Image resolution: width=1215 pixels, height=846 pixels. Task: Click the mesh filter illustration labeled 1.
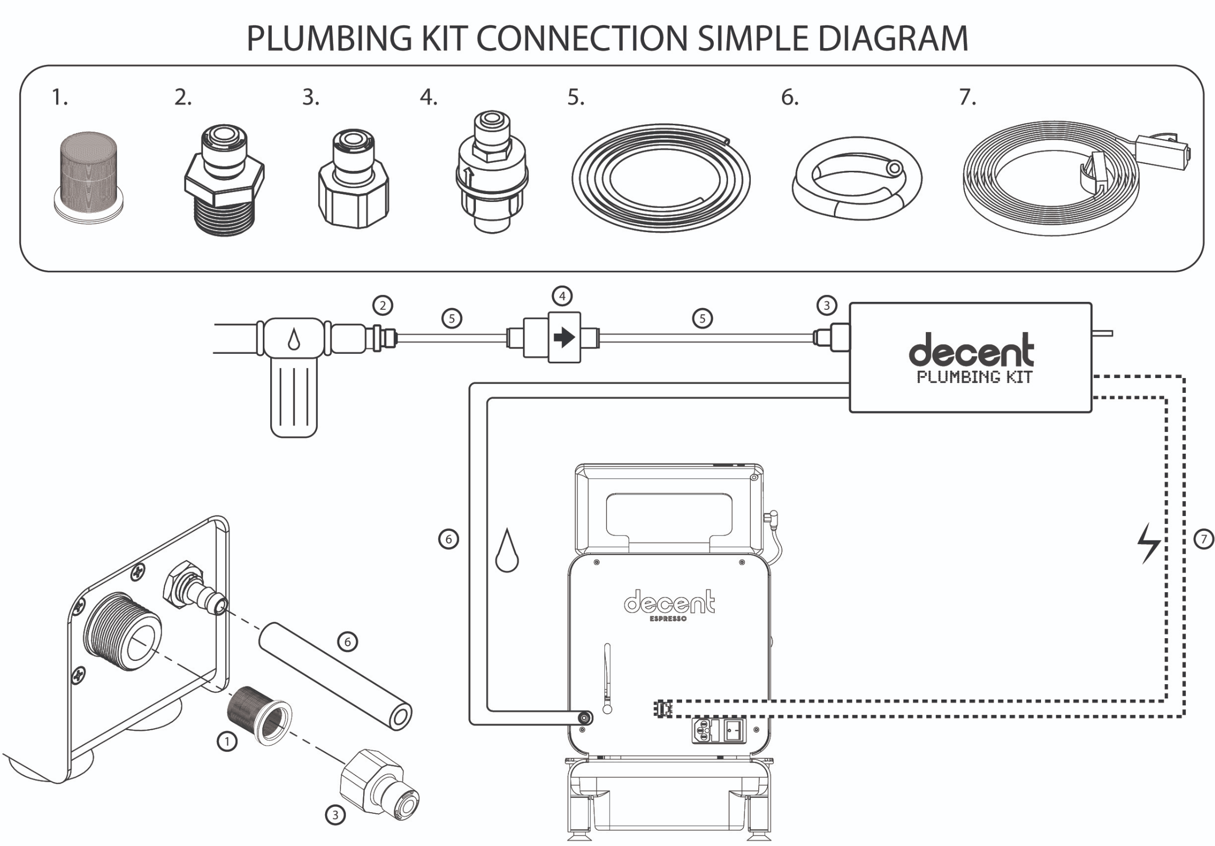(x=88, y=175)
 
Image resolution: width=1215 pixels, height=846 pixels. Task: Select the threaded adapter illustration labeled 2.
(x=224, y=180)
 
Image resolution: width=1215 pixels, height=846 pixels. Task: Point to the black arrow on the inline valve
(x=564, y=337)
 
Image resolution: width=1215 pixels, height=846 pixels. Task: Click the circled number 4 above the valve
(x=562, y=296)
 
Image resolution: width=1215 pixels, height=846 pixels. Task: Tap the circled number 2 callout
(x=383, y=305)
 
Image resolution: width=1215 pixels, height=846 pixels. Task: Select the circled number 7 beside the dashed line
(x=1204, y=539)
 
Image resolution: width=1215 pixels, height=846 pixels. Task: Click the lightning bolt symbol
(x=1149, y=543)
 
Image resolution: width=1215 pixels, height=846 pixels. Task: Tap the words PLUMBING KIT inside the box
(x=974, y=376)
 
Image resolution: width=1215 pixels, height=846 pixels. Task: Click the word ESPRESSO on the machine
(x=668, y=619)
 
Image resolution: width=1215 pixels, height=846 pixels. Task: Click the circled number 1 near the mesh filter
(x=227, y=741)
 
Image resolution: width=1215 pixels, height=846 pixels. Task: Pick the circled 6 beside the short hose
(x=348, y=642)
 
